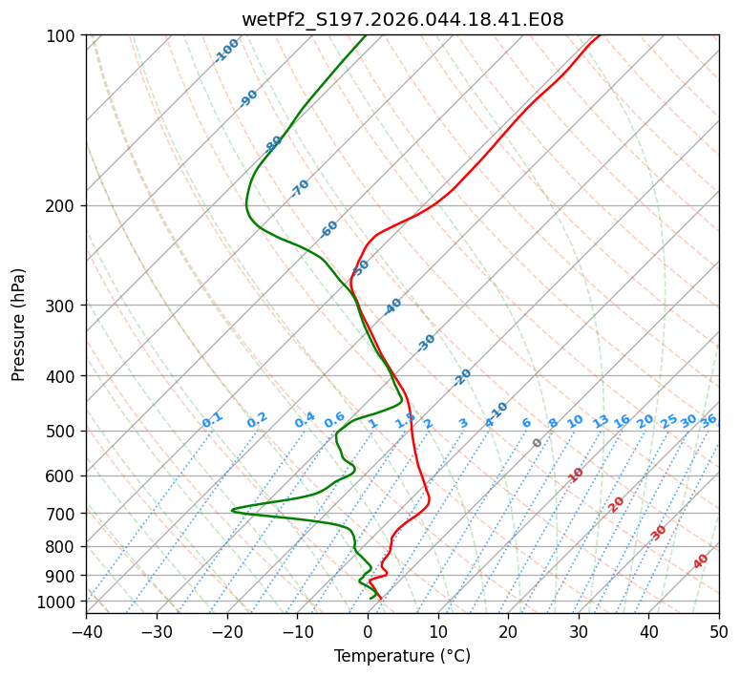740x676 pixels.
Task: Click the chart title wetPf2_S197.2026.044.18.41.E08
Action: (x=402, y=20)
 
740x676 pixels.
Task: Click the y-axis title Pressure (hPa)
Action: (x=20, y=325)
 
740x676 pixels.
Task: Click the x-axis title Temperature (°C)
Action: (x=402, y=657)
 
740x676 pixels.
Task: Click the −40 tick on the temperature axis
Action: (x=86, y=632)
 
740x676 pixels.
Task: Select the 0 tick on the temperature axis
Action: (x=368, y=632)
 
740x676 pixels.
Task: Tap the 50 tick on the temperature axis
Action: (x=719, y=632)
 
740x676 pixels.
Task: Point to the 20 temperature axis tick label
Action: (x=508, y=632)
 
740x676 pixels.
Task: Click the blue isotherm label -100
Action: (x=226, y=51)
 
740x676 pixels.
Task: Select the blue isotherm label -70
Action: (x=300, y=188)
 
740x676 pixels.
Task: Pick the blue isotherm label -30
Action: (x=426, y=343)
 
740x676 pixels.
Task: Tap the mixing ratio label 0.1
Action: (x=212, y=420)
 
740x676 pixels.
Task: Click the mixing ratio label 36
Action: (x=708, y=420)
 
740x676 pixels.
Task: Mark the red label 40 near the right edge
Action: (x=701, y=561)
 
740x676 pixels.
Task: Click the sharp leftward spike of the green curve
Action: (x=233, y=511)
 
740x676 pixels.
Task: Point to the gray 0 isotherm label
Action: (x=538, y=443)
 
